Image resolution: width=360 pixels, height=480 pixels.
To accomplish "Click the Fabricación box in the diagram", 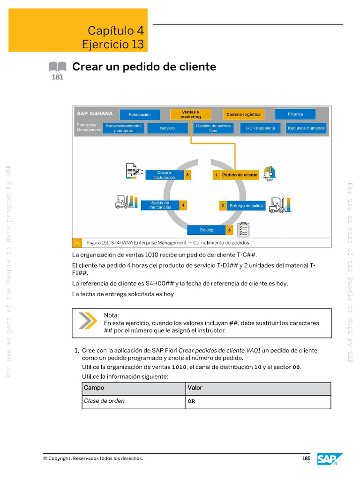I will [x=139, y=114].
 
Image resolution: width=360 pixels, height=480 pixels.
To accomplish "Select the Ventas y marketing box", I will [x=190, y=114].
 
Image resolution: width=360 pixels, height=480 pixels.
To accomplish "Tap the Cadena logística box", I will [x=244, y=114].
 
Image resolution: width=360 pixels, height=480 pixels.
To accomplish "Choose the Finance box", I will [x=295, y=114].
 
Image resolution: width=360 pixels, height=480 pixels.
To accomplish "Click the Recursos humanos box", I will [x=306, y=128].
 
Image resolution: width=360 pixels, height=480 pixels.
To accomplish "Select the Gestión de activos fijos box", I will [x=213, y=128].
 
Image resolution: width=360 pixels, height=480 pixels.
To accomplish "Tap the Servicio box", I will [x=167, y=128].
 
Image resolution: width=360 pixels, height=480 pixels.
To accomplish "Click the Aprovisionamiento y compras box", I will [x=123, y=128].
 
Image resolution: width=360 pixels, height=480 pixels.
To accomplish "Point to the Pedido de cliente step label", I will [x=240, y=175].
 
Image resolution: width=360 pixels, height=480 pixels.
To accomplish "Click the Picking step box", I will [x=206, y=230].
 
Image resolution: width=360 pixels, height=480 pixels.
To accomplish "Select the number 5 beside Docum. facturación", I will [x=187, y=175].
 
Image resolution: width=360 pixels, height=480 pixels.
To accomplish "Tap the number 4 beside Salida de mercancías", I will [x=183, y=205].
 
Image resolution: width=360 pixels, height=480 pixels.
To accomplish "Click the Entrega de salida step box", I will [x=246, y=206].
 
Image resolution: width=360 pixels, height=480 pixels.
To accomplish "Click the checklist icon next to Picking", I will [x=243, y=230].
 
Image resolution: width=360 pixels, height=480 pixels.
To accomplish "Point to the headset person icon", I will [x=269, y=173].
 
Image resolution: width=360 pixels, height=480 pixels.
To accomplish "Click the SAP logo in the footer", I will [x=330, y=459].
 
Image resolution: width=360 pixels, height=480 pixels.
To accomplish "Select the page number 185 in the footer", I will [x=307, y=458].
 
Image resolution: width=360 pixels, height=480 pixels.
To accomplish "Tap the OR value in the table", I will [x=191, y=402].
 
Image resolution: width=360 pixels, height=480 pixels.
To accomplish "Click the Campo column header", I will [x=94, y=388].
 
